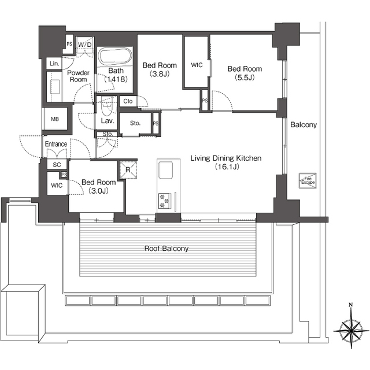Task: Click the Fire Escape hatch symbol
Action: tap(308, 181)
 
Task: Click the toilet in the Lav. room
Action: tap(106, 106)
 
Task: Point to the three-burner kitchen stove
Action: tap(165, 201)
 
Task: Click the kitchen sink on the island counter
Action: tap(165, 170)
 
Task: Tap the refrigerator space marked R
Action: tap(128, 170)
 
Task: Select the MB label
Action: tap(55, 119)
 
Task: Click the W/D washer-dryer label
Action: tap(85, 45)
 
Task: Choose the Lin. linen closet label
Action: tap(54, 64)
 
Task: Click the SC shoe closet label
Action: tap(57, 165)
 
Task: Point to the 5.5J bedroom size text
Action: tap(245, 77)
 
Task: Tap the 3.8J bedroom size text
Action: tap(160, 74)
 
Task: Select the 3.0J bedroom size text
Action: tap(98, 191)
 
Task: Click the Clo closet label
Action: tap(128, 101)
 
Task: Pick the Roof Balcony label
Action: tap(166, 249)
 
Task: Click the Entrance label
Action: tap(56, 144)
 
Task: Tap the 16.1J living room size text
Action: tap(227, 166)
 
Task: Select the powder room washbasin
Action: tap(55, 87)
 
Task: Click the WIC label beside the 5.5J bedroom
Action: tap(197, 65)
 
